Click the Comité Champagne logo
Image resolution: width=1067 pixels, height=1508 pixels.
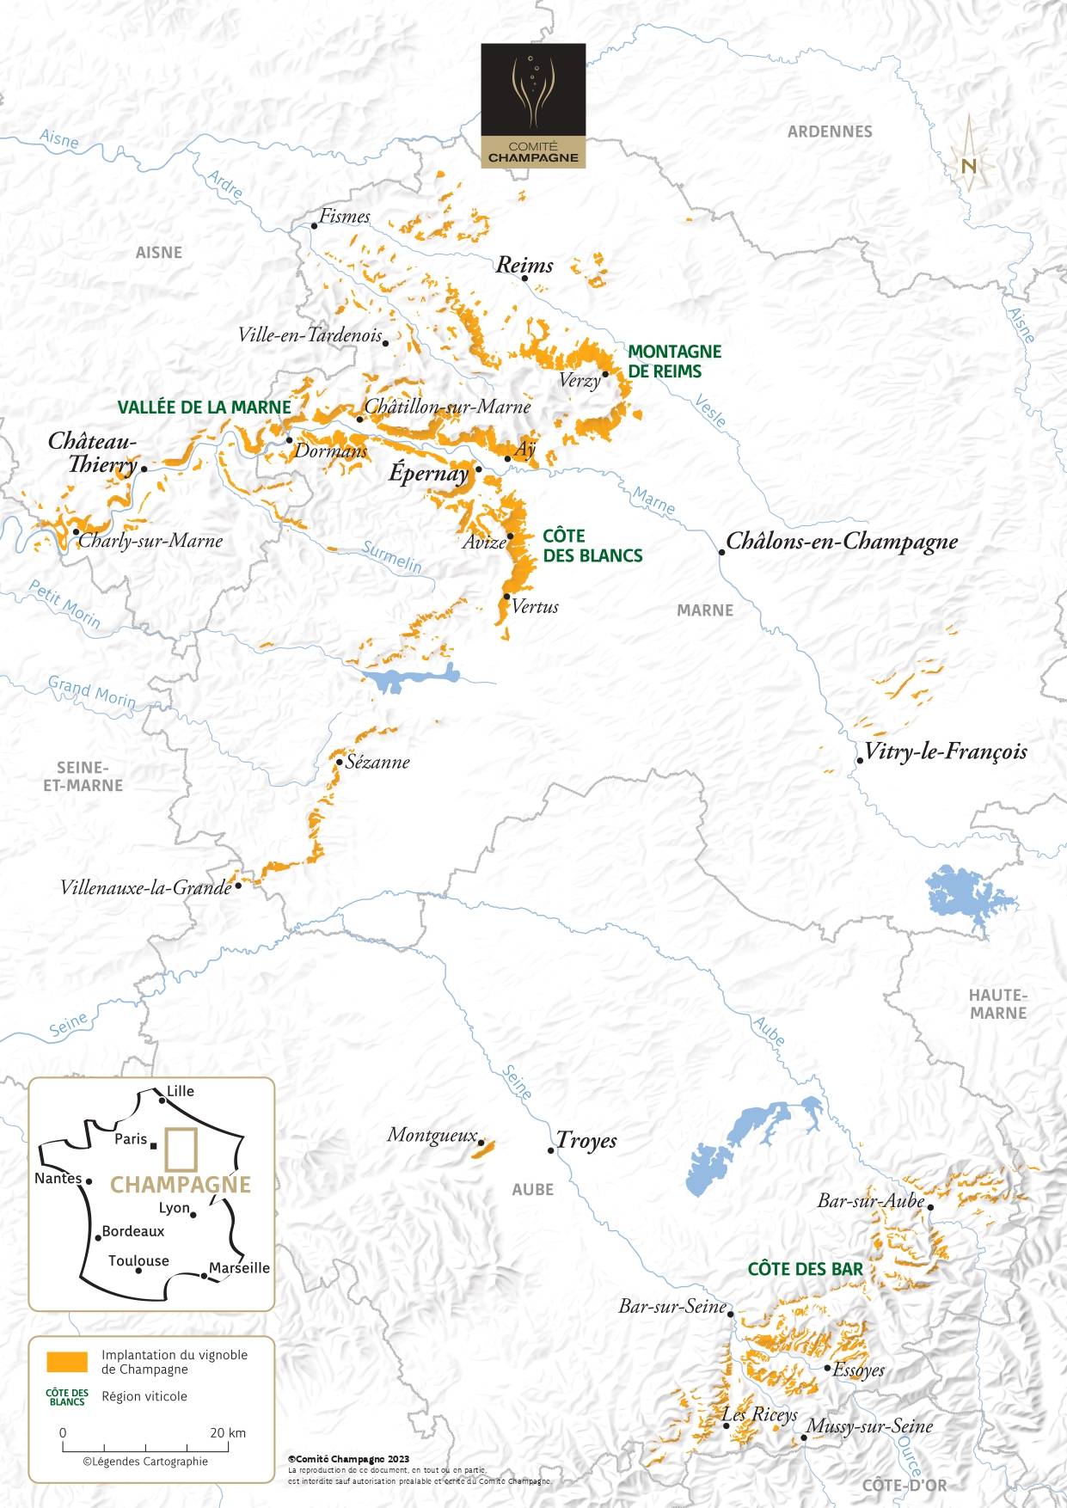click(x=533, y=106)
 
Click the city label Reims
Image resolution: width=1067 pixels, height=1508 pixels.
click(x=524, y=266)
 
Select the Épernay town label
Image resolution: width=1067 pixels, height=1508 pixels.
click(x=428, y=473)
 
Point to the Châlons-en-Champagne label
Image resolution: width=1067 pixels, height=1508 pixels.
click(x=842, y=542)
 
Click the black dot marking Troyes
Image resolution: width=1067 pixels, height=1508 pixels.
click(x=551, y=1150)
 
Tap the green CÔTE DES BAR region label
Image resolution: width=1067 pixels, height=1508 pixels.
click(x=805, y=1269)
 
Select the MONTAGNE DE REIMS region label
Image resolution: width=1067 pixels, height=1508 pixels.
click(x=674, y=361)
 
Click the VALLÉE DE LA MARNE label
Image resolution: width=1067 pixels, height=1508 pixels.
click(x=204, y=408)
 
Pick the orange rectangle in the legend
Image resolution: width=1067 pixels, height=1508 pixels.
click(x=67, y=1362)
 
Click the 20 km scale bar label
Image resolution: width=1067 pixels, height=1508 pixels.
click(x=228, y=1432)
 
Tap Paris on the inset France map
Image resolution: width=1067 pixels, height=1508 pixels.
click(x=132, y=1139)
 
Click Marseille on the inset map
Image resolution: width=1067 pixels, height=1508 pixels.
click(x=239, y=1268)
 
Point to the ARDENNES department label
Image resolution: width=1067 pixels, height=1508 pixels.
click(x=830, y=132)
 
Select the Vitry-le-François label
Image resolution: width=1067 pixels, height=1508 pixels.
click(x=945, y=751)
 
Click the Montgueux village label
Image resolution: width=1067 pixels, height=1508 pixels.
click(x=432, y=1135)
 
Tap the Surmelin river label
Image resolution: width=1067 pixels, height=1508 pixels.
click(x=392, y=557)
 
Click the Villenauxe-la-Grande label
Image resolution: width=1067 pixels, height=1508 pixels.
click(x=145, y=887)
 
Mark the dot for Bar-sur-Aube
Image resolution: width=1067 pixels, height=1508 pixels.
click(x=930, y=1207)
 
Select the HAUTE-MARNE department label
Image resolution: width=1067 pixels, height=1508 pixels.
click(x=997, y=1004)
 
